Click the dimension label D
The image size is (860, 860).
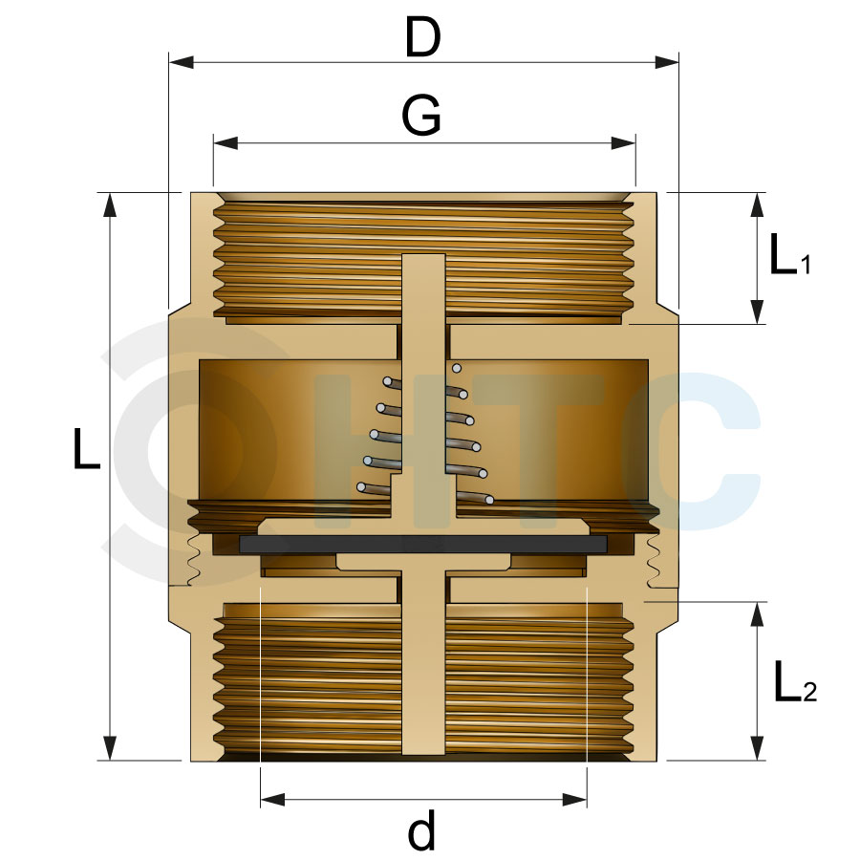(x=422, y=37)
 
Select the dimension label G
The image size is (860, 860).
(x=421, y=116)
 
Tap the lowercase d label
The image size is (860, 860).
(x=421, y=828)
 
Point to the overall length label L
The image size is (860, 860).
(x=87, y=449)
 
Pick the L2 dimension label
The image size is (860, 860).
(x=795, y=682)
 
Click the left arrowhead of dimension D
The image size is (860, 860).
(x=181, y=62)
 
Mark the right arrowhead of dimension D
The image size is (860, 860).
(x=667, y=62)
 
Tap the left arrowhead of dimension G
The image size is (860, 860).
(x=226, y=143)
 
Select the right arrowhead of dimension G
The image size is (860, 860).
(x=624, y=143)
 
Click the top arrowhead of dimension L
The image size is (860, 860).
(x=110, y=205)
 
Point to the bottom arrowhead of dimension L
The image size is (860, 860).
(x=110, y=748)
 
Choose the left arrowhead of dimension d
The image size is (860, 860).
(x=272, y=800)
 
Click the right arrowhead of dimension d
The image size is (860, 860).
(x=575, y=800)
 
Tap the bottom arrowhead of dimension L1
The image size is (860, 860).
(x=758, y=312)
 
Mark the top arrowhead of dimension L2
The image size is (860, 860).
(x=758, y=614)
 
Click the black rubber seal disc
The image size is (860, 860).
(x=423, y=544)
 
